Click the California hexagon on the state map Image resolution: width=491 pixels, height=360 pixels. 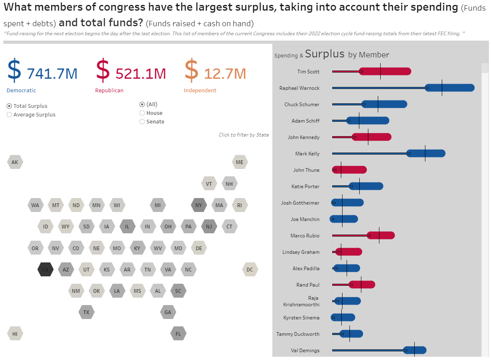(x=45, y=270)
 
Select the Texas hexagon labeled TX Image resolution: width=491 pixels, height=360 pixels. (x=86, y=312)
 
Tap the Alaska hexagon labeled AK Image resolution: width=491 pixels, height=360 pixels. (x=15, y=162)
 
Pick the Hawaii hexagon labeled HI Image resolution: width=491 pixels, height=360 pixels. (x=15, y=334)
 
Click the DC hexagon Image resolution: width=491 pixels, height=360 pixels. (x=250, y=270)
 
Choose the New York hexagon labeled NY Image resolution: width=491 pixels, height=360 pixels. (x=199, y=205)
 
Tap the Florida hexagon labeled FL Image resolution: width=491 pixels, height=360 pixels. (x=178, y=334)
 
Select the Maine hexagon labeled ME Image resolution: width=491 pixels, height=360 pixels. (x=240, y=162)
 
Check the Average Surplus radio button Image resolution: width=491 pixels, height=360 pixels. (x=9, y=115)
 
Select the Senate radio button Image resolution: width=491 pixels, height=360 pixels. (x=142, y=122)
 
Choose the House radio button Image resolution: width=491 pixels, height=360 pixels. (x=142, y=113)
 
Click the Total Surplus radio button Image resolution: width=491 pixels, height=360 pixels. (x=9, y=106)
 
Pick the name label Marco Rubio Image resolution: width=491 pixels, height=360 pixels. (x=305, y=236)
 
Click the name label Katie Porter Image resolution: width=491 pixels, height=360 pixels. (x=305, y=187)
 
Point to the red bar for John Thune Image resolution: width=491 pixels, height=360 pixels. (x=353, y=170)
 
